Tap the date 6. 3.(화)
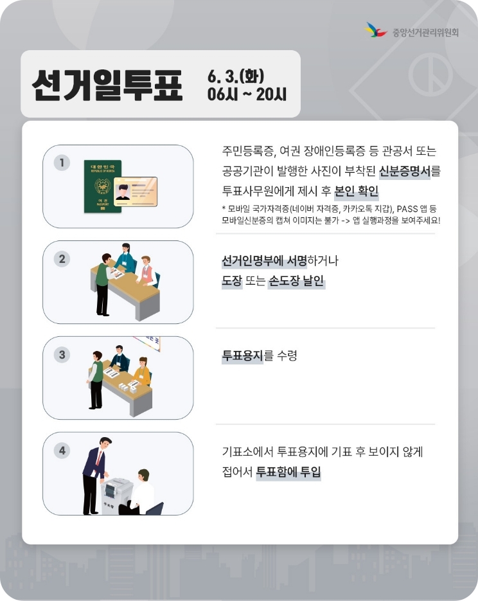pyautogui.click(x=236, y=76)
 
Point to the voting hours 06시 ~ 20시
pyautogui.click(x=247, y=94)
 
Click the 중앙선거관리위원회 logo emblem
pyautogui.click(x=376, y=30)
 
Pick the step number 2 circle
pyautogui.click(x=62, y=259)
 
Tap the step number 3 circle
pyautogui.click(x=62, y=354)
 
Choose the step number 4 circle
pyautogui.click(x=62, y=451)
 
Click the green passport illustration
pyautogui.click(x=102, y=187)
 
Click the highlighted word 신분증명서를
pyautogui.click(x=411, y=172)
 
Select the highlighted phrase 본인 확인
pyautogui.click(x=357, y=192)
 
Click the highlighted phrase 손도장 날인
pyautogui.click(x=296, y=281)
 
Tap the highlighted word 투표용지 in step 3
pyautogui.click(x=242, y=355)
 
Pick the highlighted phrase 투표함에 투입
pyautogui.click(x=288, y=472)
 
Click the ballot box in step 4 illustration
pyautogui.click(x=117, y=496)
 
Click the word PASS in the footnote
pyautogui.click(x=407, y=209)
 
